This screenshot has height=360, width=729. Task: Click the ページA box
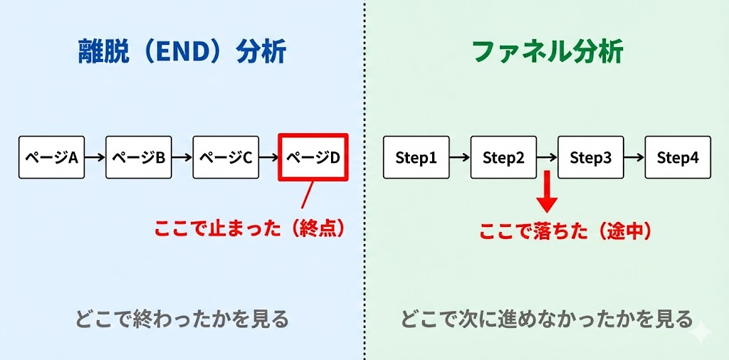pos(51,157)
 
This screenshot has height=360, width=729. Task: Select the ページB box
pos(138,157)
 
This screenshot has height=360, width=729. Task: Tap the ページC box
pos(225,157)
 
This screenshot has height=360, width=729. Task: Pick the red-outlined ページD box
pos(313,157)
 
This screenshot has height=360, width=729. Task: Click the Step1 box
pos(416,157)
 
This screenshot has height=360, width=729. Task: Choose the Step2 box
pos(503,157)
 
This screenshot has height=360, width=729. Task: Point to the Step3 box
pos(591,157)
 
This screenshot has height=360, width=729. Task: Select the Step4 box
pos(678,157)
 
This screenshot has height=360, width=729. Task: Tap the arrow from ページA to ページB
pos(95,157)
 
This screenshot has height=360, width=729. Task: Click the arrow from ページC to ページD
pos(268,157)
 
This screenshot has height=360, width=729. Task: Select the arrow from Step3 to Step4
pos(634,157)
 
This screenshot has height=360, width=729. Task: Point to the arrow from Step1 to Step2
pos(460,157)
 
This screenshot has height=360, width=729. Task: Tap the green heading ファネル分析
pos(547,52)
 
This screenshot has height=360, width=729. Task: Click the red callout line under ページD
pos(307,195)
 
